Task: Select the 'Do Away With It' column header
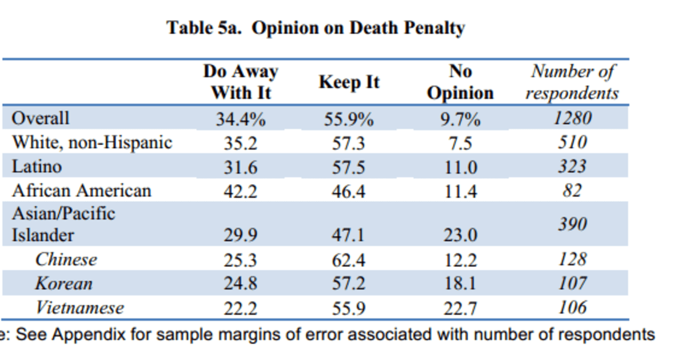coord(241,82)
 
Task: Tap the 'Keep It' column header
coord(349,82)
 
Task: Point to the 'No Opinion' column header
coord(460,82)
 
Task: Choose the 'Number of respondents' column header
coord(572,82)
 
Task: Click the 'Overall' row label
coord(41,118)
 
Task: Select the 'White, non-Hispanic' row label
coord(92,142)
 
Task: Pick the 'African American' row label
coord(82,190)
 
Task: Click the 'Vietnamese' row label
coord(79,308)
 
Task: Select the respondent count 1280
coord(572,118)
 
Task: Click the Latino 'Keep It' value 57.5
coord(349,167)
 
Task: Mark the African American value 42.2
coord(240,191)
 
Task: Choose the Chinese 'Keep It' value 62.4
coord(349,260)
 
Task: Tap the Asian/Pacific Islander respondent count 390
coord(572,224)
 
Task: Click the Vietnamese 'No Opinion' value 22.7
coord(460,309)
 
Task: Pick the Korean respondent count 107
coord(572,283)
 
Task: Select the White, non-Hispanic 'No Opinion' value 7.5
coord(460,143)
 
